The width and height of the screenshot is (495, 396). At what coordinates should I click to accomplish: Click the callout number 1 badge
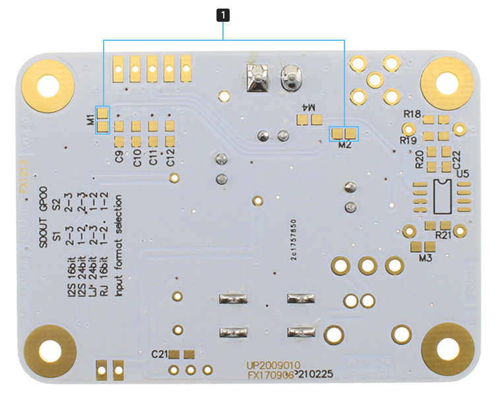pyautogui.click(x=224, y=13)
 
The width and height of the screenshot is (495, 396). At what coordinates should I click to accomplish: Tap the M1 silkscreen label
pyautogui.click(x=90, y=119)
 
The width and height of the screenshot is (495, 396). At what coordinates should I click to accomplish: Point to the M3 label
pyautogui.click(x=425, y=258)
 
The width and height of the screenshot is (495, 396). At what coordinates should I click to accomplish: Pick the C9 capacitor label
pyautogui.click(x=119, y=157)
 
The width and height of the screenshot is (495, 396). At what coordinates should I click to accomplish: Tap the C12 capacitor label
pyautogui.click(x=170, y=158)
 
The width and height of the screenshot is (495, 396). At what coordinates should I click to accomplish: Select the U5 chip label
pyautogui.click(x=462, y=174)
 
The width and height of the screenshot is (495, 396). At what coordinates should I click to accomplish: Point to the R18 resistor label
pyautogui.click(x=413, y=114)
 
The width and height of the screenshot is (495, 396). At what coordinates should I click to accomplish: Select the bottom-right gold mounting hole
pyautogui.click(x=447, y=347)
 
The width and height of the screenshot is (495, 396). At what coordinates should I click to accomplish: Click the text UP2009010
pyautogui.click(x=274, y=364)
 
